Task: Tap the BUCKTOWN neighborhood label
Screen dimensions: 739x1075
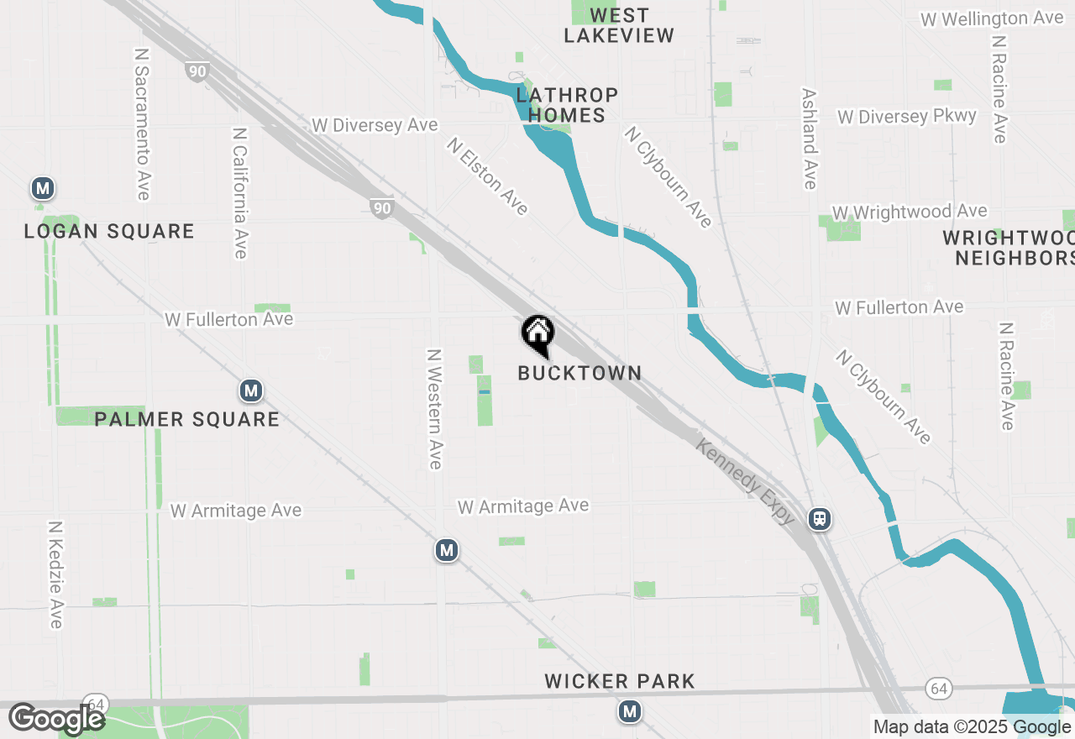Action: click(x=579, y=374)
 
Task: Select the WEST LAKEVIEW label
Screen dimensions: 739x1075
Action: click(x=619, y=25)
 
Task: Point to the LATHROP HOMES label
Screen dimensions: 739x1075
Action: click(x=567, y=105)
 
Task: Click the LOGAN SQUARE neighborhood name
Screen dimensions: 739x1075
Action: click(x=109, y=231)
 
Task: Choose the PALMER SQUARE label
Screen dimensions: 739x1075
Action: click(x=186, y=419)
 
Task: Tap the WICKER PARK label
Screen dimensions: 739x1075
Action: click(x=620, y=681)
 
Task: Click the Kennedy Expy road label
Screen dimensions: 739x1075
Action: click(x=745, y=481)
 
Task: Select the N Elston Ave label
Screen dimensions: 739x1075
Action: click(x=487, y=176)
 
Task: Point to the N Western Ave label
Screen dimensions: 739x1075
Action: click(x=434, y=409)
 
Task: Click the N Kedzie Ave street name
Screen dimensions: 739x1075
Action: click(x=55, y=574)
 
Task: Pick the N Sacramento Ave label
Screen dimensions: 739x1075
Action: click(x=141, y=123)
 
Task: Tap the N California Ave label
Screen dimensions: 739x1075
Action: click(x=240, y=193)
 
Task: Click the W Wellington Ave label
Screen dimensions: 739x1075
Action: click(x=992, y=18)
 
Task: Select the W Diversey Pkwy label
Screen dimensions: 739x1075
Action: click(x=907, y=117)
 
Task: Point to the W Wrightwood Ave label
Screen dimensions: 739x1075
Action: click(x=910, y=212)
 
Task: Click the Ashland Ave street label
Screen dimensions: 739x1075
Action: click(x=809, y=139)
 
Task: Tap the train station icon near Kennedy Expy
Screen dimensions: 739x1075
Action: click(x=820, y=519)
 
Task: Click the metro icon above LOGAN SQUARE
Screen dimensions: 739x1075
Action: click(x=43, y=189)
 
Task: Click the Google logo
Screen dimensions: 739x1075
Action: click(x=56, y=719)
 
